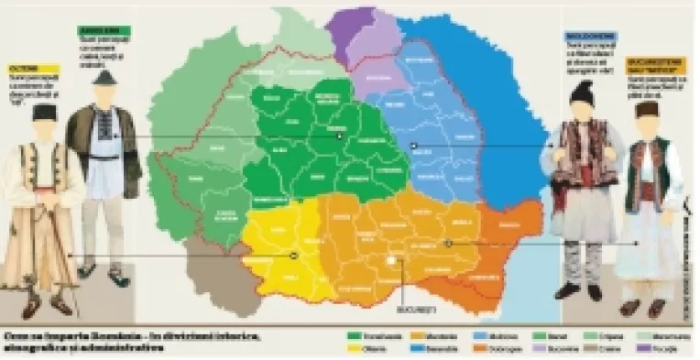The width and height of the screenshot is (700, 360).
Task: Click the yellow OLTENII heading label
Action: click(x=34, y=68)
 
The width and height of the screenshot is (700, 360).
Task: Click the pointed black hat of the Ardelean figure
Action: click(x=104, y=78)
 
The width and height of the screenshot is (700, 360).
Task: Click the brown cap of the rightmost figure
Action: click(x=648, y=109)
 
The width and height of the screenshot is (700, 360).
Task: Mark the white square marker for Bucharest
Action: click(x=392, y=261)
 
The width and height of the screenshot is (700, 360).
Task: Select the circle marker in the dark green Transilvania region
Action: click(x=339, y=135)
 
